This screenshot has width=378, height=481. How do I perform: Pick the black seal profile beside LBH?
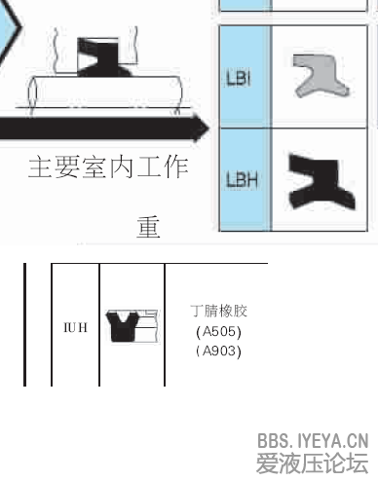tap(318, 180)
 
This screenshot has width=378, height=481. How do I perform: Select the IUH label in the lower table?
tap(76, 327)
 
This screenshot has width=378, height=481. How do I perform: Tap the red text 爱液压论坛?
tap(313, 462)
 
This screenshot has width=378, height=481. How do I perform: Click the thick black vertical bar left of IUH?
tap(26, 323)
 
